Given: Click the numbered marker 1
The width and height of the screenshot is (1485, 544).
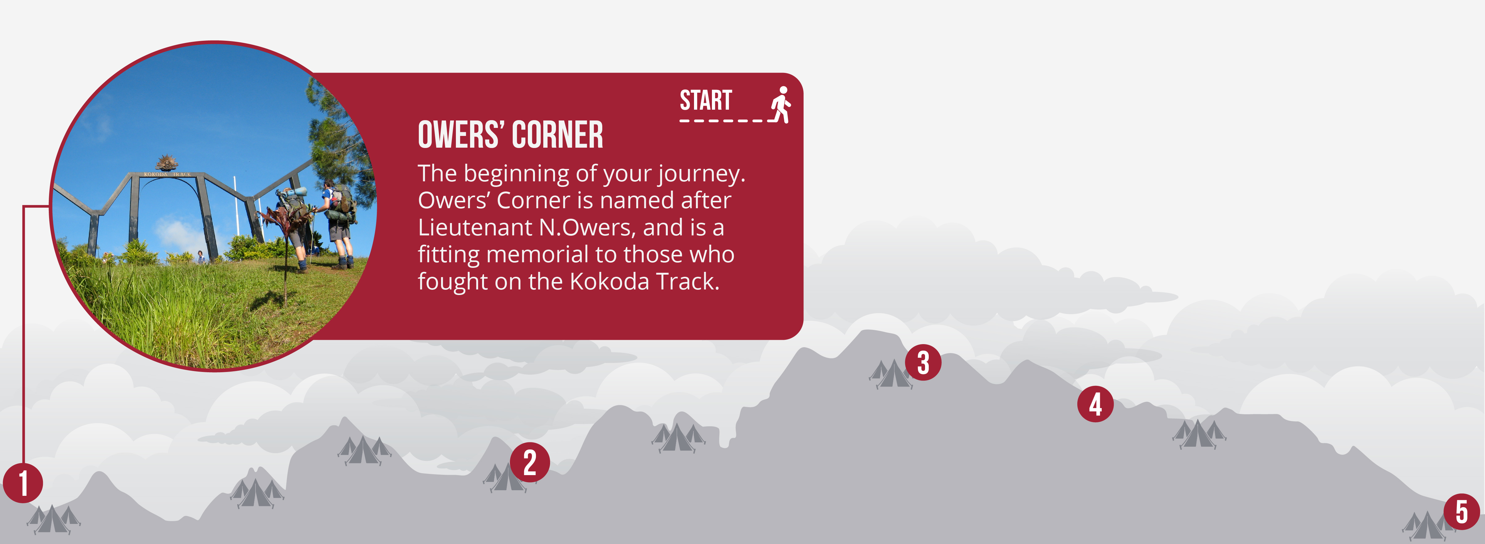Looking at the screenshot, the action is (x=23, y=483).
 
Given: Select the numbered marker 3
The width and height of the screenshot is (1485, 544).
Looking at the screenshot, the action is (x=923, y=362).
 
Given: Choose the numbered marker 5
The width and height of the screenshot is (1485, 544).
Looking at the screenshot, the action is (x=1461, y=512).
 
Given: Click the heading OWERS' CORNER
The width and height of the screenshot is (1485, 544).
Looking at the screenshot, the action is (x=510, y=135).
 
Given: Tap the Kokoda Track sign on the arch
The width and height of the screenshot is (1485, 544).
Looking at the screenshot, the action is (x=166, y=174).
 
